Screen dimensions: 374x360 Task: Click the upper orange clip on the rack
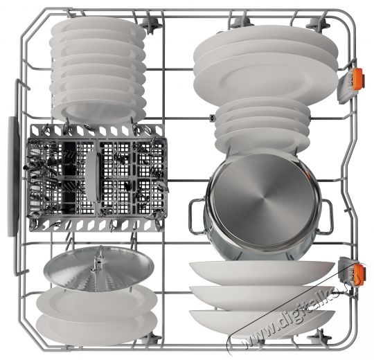(x=357, y=79)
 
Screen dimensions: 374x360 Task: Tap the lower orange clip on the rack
(x=359, y=275)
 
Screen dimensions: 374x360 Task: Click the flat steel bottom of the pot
(x=262, y=200)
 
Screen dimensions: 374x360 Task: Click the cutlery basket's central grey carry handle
(x=93, y=177)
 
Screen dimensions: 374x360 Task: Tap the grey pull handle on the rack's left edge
(x=14, y=177)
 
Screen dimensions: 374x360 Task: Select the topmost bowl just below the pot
(x=262, y=272)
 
